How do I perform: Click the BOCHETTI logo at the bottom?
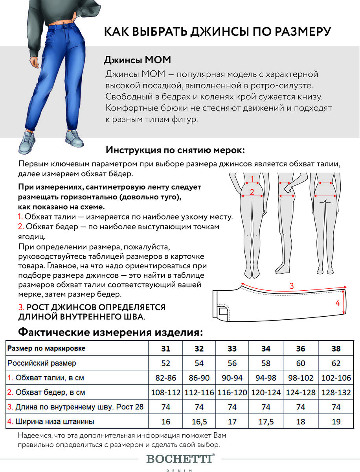[180, 459]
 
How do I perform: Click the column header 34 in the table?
[266, 348]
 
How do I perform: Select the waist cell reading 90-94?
[232, 378]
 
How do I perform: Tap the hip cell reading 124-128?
[301, 393]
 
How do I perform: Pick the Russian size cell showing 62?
[336, 363]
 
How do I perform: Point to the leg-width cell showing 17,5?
[266, 422]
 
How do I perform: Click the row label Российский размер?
[42, 363]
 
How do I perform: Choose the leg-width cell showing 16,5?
[199, 422]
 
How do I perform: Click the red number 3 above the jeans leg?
[291, 286]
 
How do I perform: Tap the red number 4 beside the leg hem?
[337, 303]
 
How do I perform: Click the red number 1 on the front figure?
[252, 179]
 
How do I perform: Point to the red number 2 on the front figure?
[252, 192]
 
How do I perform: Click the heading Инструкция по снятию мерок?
[175, 150]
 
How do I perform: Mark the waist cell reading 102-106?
[336, 378]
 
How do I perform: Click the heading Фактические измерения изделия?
[110, 332]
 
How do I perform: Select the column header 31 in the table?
[166, 348]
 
